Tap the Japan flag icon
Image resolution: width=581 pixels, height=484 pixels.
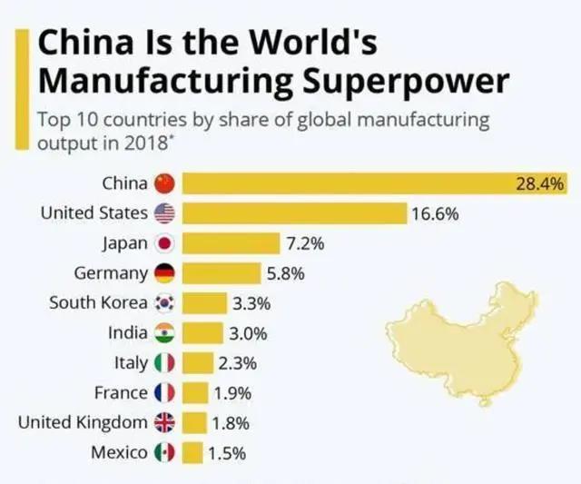pyautogui.click(x=164, y=243)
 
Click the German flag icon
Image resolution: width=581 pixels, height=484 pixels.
pyautogui.click(x=164, y=273)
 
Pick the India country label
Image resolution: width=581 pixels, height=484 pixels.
pyautogui.click(x=127, y=333)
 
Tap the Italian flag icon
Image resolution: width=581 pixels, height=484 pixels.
pyautogui.click(x=164, y=363)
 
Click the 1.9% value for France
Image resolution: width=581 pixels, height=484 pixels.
pyautogui.click(x=232, y=393)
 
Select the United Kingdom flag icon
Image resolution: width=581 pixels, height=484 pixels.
pyautogui.click(x=164, y=423)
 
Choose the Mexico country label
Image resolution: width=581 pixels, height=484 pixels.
pyautogui.click(x=120, y=452)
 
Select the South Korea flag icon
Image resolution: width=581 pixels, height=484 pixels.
pyautogui.click(x=164, y=303)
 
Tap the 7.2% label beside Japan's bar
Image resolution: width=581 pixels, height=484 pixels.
pyautogui.click(x=305, y=243)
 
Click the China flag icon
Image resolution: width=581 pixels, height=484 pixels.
pyautogui.click(x=164, y=183)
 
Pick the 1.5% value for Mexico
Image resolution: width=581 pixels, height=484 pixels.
pyautogui.click(x=227, y=453)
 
